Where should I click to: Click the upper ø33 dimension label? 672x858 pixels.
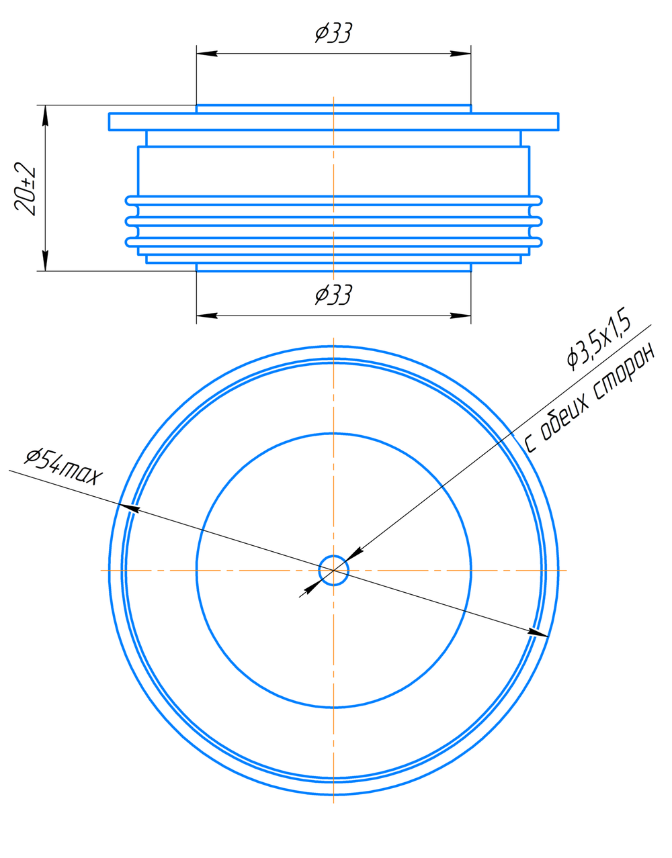pyautogui.click(x=334, y=32)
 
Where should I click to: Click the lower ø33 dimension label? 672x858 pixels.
pyautogui.click(x=334, y=295)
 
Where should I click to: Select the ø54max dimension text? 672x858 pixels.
pyautogui.click(x=63, y=467)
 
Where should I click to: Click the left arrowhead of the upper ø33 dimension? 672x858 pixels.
pyautogui.click(x=207, y=53)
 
